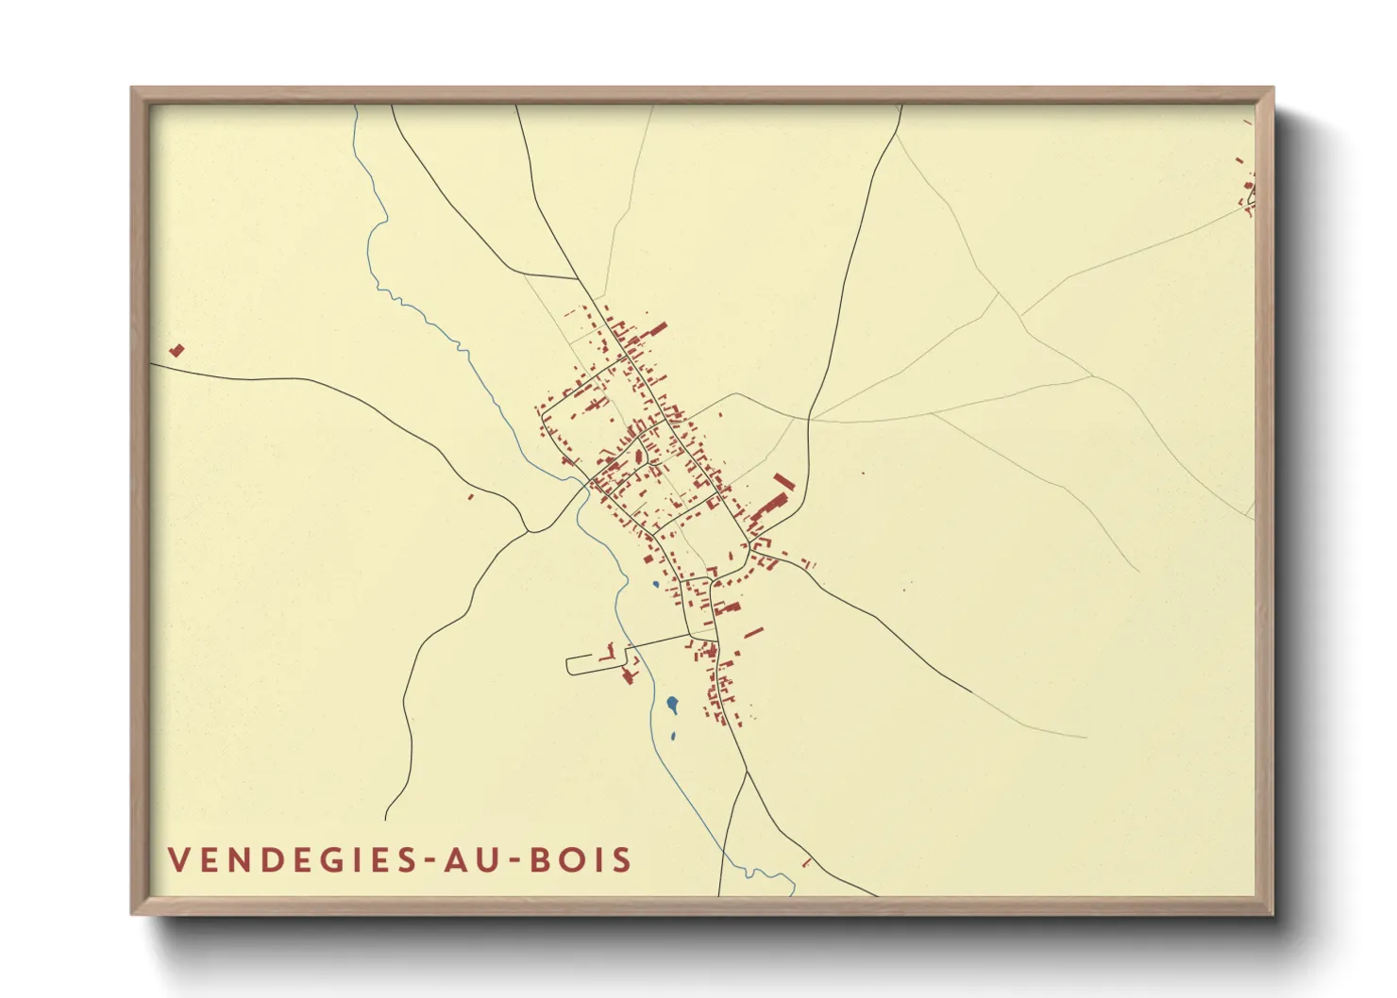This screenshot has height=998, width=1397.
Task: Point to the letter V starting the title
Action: pyautogui.click(x=178, y=860)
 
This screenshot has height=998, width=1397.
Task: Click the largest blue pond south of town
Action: pyautogui.click(x=672, y=704)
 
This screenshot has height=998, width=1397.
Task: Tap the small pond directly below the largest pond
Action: pyautogui.click(x=673, y=737)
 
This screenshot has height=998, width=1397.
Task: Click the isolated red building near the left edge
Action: pyautogui.click(x=177, y=351)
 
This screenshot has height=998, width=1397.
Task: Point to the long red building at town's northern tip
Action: pyautogui.click(x=657, y=329)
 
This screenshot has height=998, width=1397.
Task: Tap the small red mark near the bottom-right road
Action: pyautogui.click(x=807, y=862)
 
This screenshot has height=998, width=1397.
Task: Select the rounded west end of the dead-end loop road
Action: pyautogui.click(x=567, y=665)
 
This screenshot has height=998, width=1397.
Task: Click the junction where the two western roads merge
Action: pyautogui.click(x=530, y=531)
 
